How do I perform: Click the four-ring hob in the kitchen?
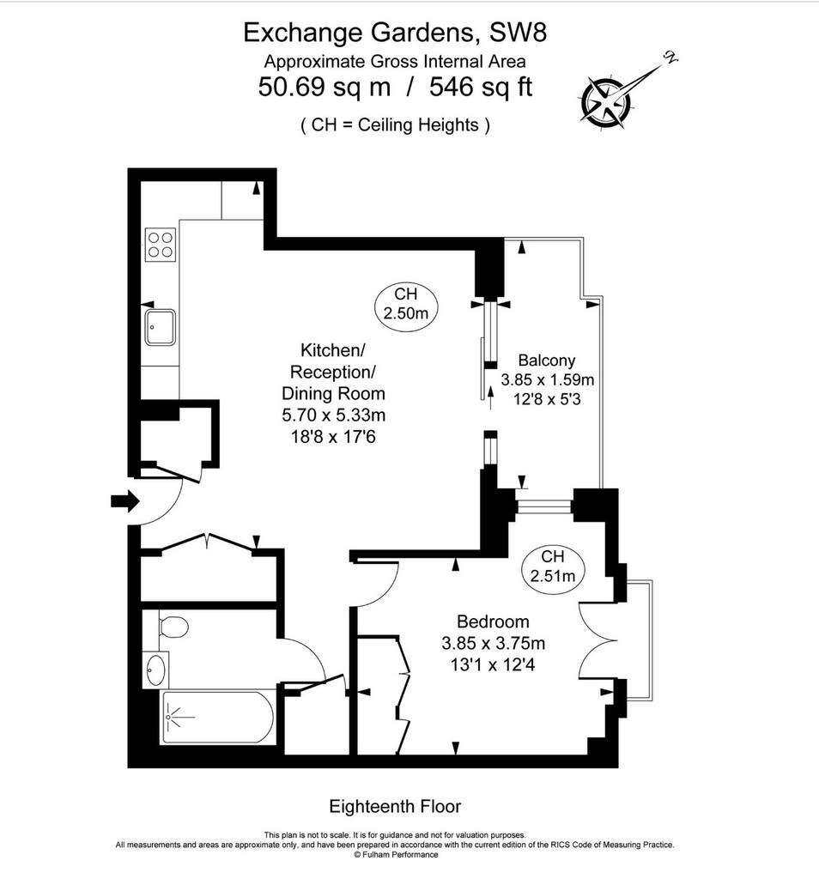(161, 245)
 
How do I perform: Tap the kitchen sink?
(160, 327)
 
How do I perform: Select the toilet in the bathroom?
(173, 627)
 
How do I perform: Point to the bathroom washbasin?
(155, 670)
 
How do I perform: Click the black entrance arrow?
(124, 500)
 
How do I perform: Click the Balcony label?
(547, 360)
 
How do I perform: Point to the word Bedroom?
(493, 621)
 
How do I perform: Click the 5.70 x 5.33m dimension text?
(334, 415)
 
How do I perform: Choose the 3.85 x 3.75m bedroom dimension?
(494, 643)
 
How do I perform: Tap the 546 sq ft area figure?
(481, 87)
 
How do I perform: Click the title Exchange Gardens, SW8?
(395, 33)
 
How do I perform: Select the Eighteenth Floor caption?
(395, 806)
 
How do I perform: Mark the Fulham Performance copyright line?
(396, 855)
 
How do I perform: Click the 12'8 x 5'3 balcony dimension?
(547, 399)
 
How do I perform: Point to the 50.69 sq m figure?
(324, 87)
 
